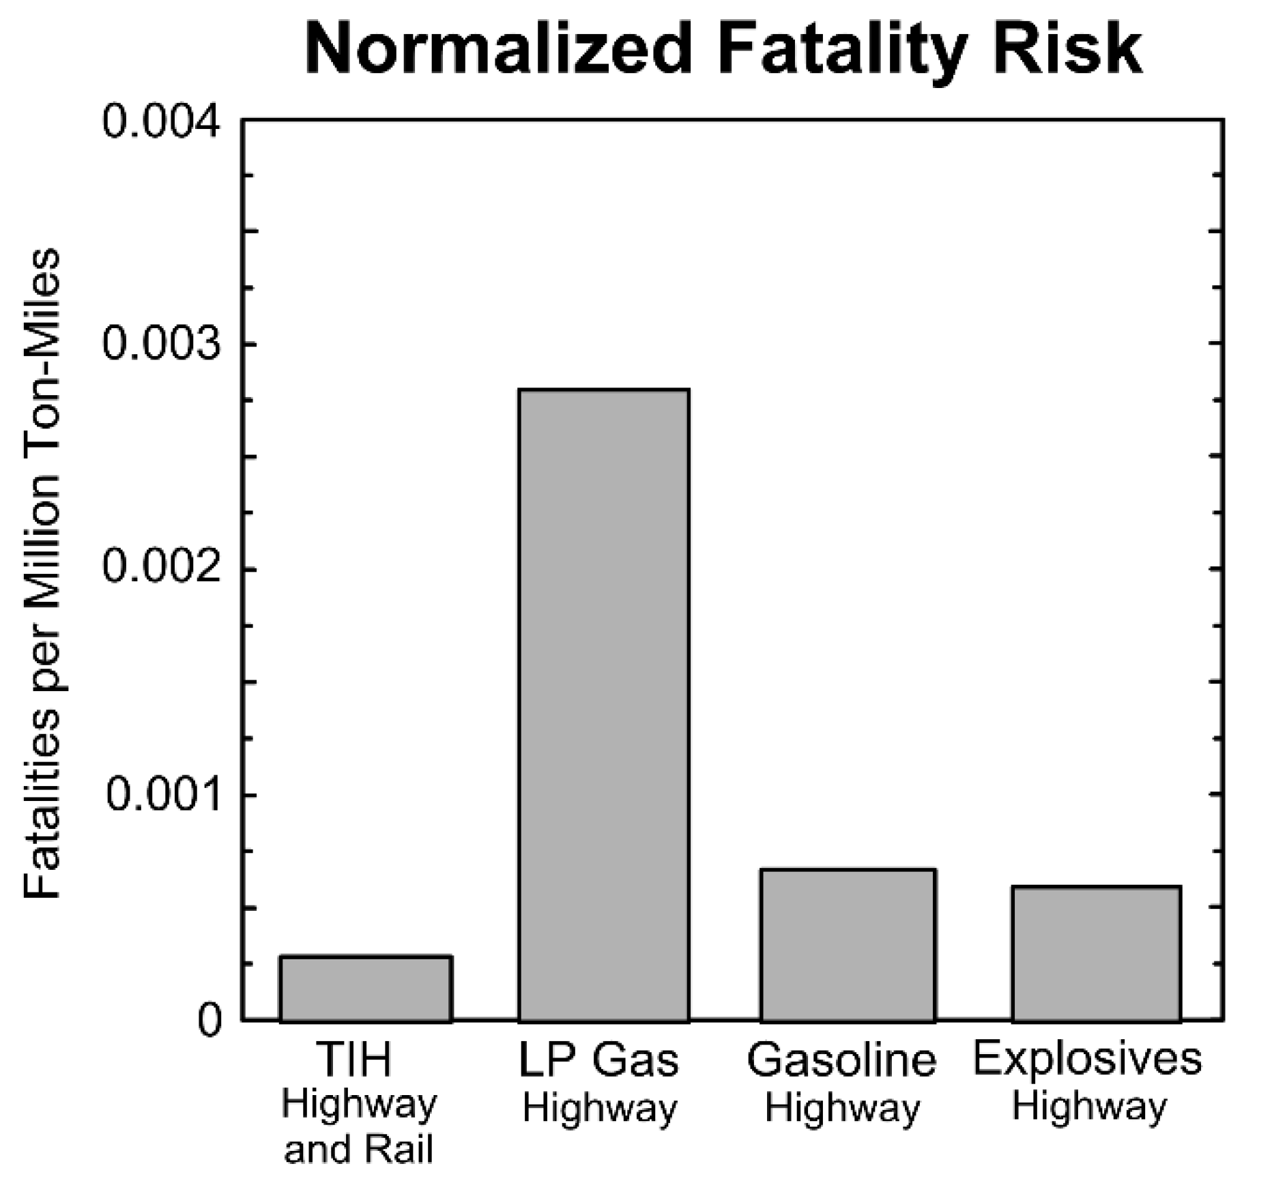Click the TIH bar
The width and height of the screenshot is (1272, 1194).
point(366,989)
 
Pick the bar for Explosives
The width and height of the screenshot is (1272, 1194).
point(1096,954)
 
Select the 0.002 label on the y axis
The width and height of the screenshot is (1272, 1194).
point(162,568)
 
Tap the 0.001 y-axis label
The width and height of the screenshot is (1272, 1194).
point(164,795)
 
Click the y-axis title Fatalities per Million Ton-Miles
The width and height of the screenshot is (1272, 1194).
point(42,573)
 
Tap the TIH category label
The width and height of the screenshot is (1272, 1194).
point(355,1060)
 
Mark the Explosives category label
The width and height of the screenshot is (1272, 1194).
point(1087,1059)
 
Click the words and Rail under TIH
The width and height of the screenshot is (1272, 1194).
point(358,1150)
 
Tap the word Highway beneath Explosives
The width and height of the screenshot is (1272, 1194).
point(1088,1106)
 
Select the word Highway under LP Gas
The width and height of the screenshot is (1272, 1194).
point(599,1107)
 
